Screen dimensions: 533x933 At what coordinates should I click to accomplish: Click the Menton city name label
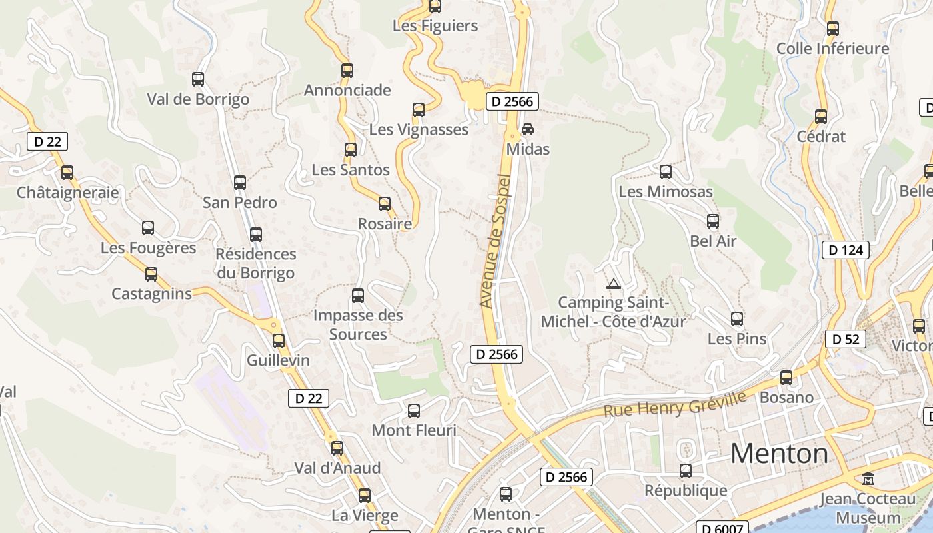coord(779,454)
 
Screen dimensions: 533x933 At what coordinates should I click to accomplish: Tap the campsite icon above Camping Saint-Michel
coord(613,284)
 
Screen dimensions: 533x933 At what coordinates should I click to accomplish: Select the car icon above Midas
coord(528,129)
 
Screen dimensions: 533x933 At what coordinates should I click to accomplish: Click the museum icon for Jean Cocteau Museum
coord(868,478)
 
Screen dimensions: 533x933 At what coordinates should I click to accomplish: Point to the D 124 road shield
coord(846,250)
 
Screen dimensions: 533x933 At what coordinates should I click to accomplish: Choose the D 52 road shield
coord(846,339)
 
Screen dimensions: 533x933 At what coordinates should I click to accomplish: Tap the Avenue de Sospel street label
coord(495,241)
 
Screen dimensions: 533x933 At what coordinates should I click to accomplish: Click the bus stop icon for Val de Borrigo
coord(198,79)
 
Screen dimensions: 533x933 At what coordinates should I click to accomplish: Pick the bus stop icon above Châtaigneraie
coord(67,173)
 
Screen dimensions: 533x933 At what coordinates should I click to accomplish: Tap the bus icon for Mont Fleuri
coord(414,411)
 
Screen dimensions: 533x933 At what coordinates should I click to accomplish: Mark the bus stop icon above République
coord(686,471)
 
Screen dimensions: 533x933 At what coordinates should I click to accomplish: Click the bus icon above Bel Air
coord(713,221)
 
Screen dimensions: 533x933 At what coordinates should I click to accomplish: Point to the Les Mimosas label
coord(666,192)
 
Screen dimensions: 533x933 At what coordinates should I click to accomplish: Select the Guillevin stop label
coord(278,360)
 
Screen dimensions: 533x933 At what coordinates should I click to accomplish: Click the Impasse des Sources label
coord(358,324)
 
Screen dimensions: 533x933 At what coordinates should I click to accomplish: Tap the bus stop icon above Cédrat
coord(821,117)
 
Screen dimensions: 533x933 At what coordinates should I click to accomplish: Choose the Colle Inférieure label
coord(832,49)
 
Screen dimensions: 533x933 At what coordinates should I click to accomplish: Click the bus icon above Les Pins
coord(737,319)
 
